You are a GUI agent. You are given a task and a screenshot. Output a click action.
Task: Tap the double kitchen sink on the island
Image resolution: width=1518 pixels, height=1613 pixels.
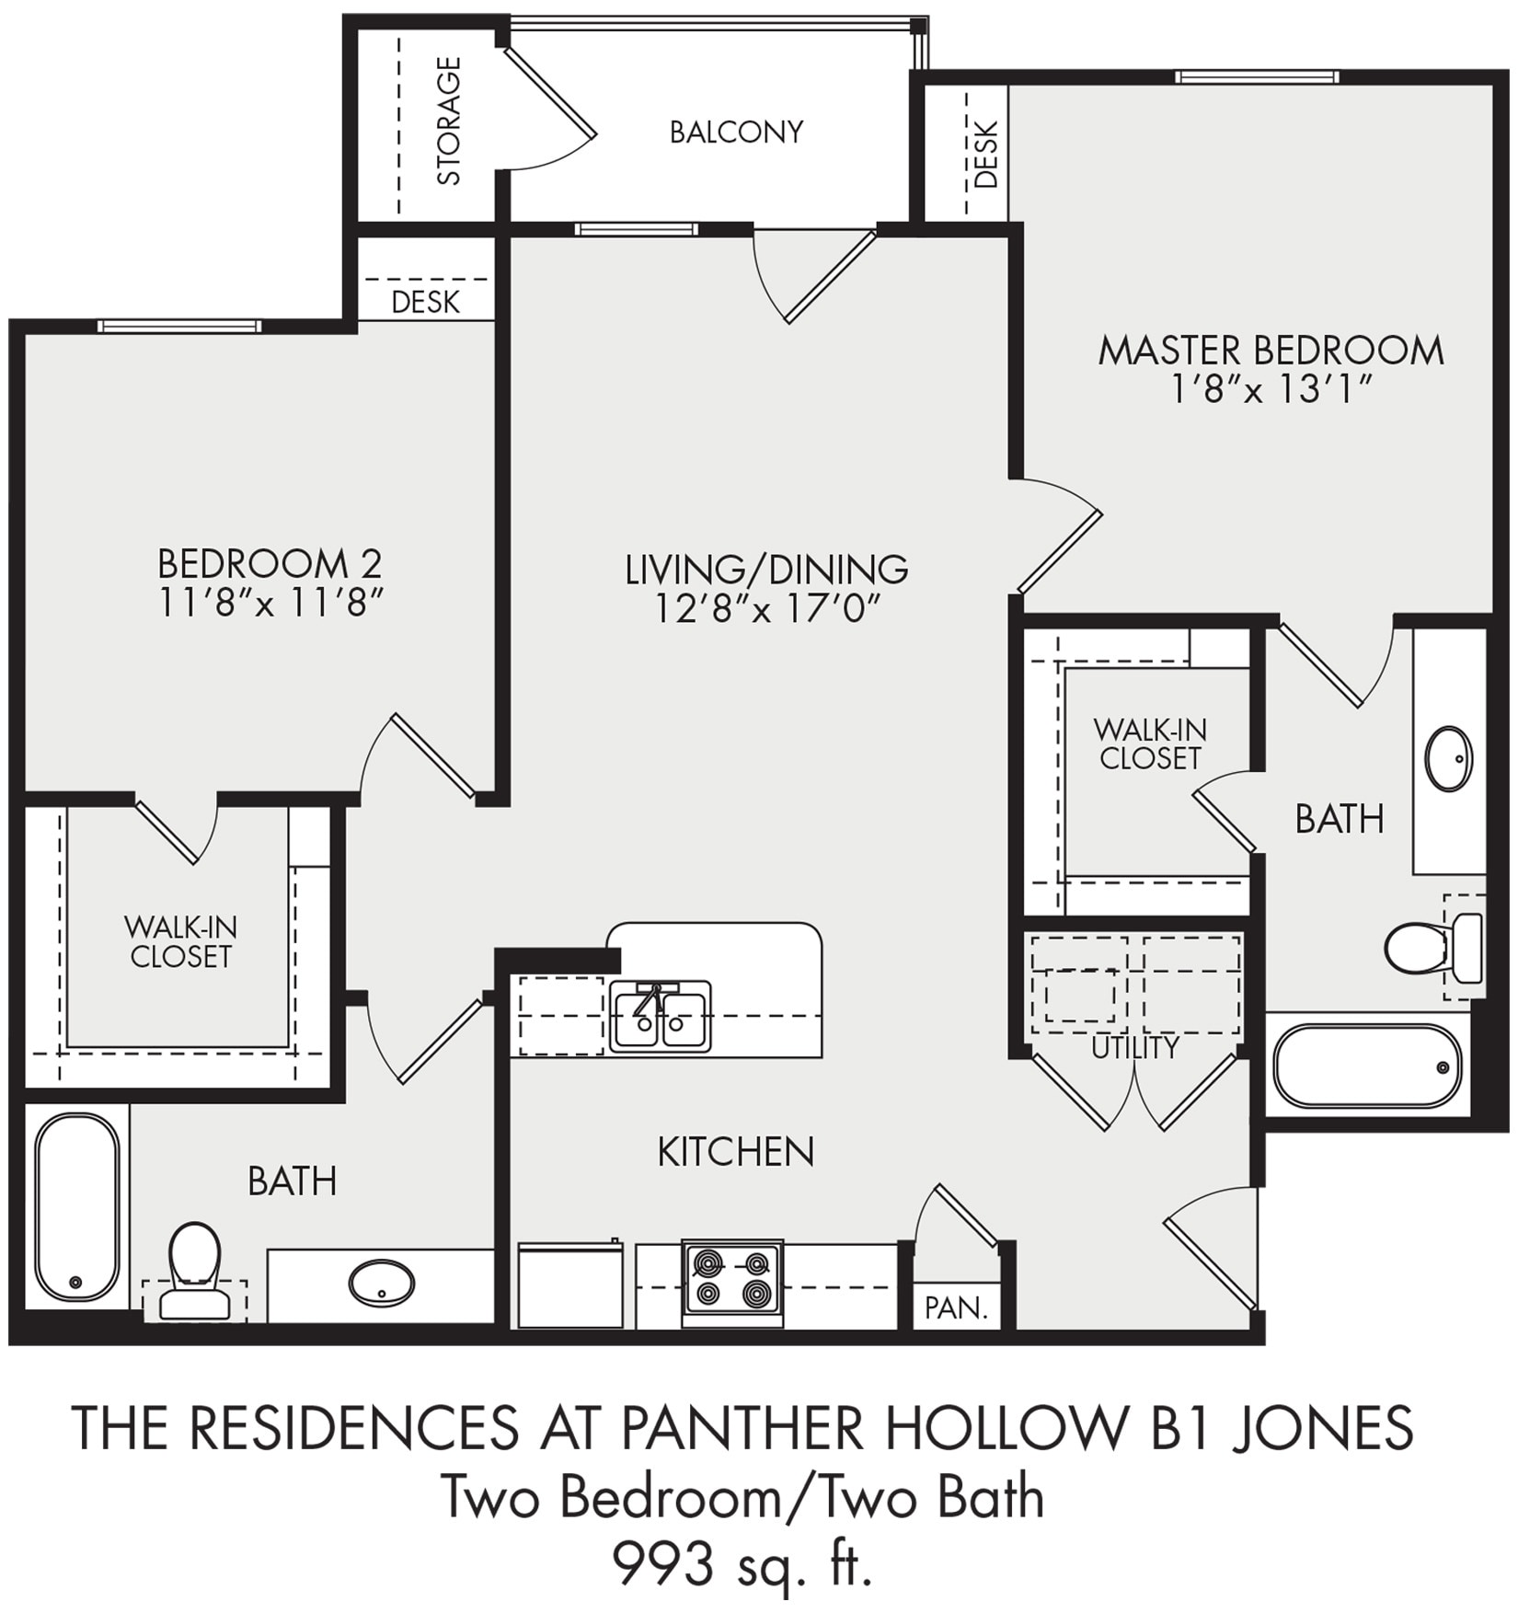[660, 1017]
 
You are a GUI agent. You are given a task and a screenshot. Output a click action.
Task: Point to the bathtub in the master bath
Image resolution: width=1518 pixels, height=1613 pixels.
[1367, 1066]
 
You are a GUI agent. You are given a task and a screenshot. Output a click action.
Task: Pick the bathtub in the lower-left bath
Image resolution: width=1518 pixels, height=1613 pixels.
[77, 1206]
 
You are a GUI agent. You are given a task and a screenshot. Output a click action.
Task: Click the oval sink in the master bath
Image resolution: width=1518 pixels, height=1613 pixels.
[1448, 758]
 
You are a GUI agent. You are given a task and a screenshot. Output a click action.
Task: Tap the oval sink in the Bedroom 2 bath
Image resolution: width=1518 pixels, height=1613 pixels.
[381, 1282]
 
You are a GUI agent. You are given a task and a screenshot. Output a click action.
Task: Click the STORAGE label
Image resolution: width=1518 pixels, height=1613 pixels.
[448, 121]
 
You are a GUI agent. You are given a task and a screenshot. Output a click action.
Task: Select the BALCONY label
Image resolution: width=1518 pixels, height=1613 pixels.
[736, 132]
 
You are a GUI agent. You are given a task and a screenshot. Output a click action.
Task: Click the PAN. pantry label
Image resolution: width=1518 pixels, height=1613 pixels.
[956, 1308]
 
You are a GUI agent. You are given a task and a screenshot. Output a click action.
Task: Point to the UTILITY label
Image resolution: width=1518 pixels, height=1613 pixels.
[1134, 1047]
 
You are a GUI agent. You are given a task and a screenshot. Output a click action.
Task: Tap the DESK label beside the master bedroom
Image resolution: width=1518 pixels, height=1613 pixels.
[985, 155]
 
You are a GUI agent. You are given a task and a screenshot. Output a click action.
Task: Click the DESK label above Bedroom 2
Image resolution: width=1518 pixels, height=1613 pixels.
[425, 302]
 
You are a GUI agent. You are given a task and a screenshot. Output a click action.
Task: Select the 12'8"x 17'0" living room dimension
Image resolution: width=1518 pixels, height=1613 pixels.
[767, 609]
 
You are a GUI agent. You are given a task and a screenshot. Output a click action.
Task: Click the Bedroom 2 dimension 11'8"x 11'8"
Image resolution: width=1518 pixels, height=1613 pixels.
[270, 604]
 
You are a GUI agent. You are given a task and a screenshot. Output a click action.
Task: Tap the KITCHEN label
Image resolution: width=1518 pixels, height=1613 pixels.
[736, 1152]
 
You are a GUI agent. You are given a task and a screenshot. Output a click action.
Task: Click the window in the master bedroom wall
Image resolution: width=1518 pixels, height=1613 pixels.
[1257, 77]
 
